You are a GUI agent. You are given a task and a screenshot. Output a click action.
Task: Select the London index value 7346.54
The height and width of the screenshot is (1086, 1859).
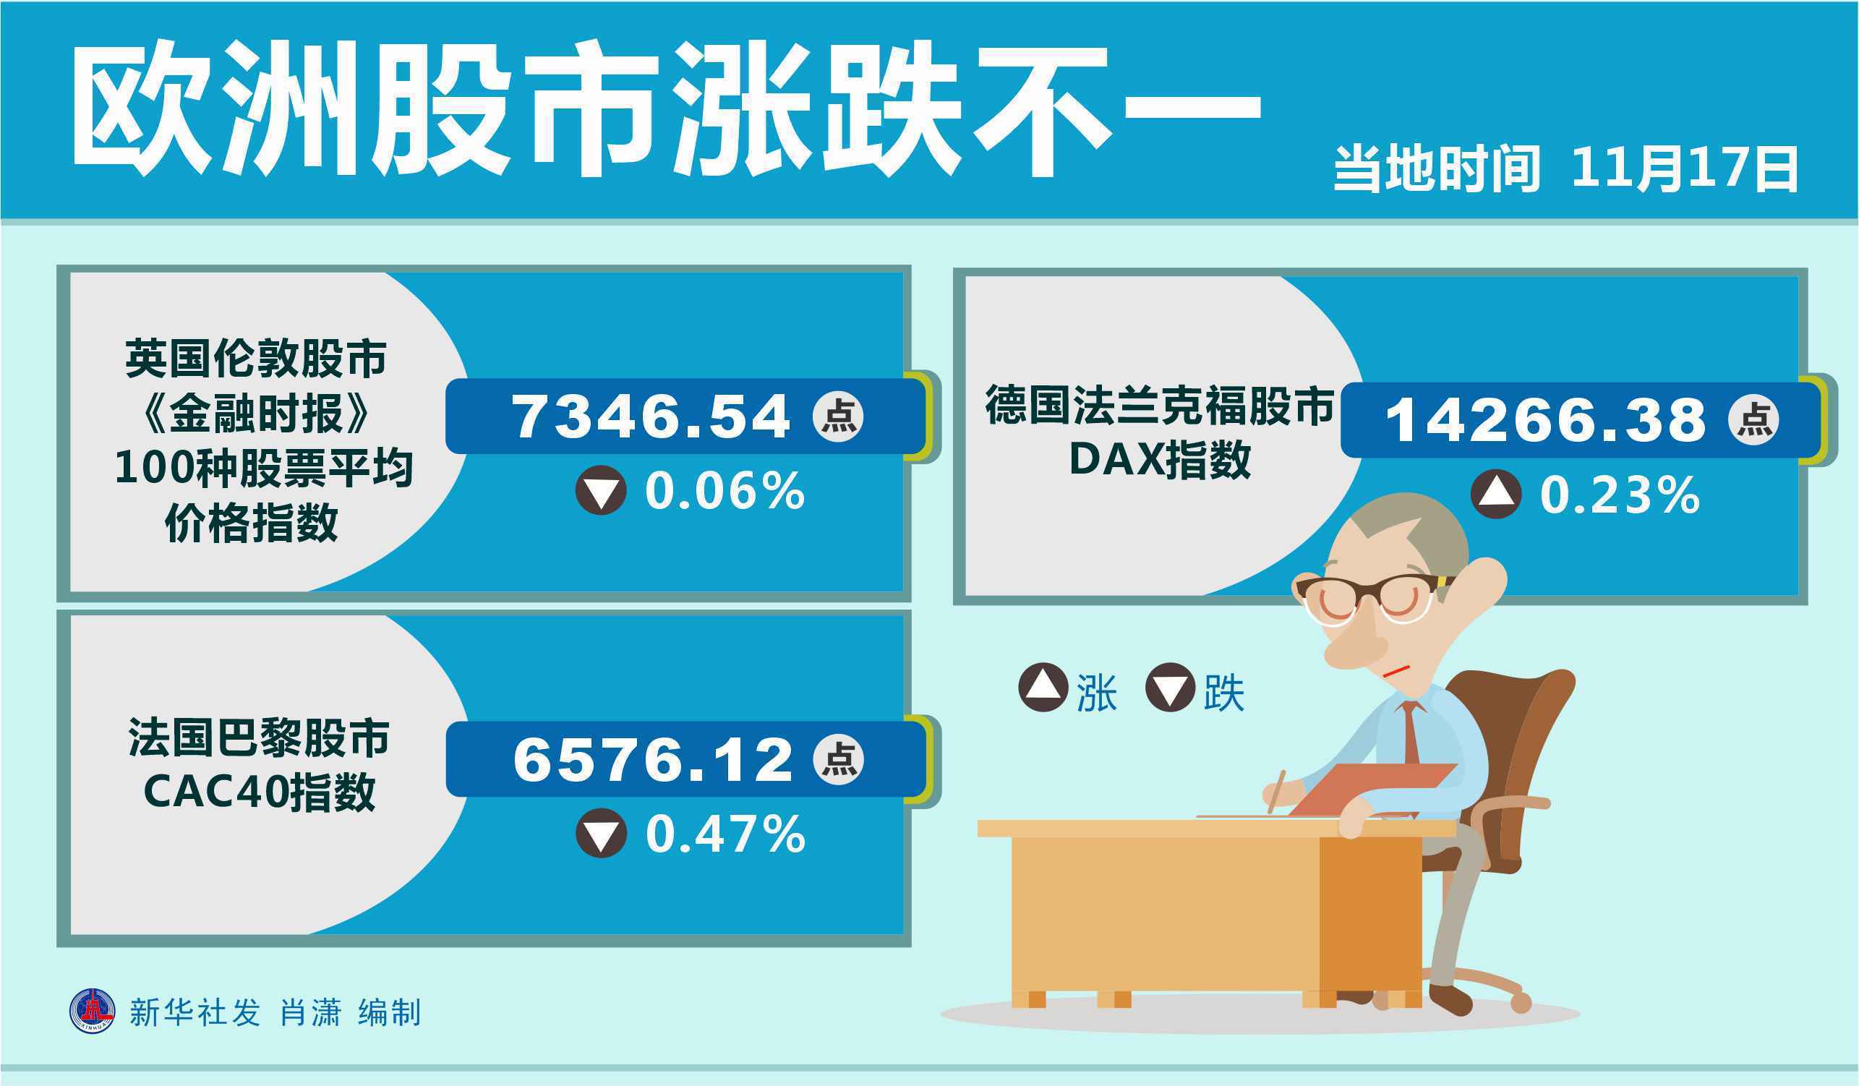pyautogui.click(x=651, y=417)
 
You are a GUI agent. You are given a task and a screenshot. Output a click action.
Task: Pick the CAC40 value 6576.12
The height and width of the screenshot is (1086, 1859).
pyautogui.click(x=653, y=760)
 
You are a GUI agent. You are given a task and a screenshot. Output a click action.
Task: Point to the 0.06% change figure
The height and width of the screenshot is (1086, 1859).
pyautogui.click(x=725, y=492)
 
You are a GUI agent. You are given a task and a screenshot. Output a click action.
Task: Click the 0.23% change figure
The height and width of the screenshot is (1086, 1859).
pyautogui.click(x=1619, y=495)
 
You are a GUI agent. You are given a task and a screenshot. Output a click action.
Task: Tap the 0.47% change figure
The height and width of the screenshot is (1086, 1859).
pyautogui.click(x=725, y=834)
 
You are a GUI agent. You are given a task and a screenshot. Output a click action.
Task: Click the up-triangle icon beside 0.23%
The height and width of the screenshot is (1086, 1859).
pyautogui.click(x=1496, y=494)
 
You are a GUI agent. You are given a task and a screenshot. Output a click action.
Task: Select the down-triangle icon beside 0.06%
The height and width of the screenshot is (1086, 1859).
pyautogui.click(x=601, y=490)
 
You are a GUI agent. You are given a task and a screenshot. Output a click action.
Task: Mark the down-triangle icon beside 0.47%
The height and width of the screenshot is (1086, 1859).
pyautogui.click(x=601, y=833)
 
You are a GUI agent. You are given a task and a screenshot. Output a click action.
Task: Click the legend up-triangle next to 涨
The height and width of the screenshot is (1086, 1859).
pyautogui.click(x=1043, y=687)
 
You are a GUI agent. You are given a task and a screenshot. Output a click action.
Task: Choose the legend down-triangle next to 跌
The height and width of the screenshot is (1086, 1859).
pyautogui.click(x=1170, y=687)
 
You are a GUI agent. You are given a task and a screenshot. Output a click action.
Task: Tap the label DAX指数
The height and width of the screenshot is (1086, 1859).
pyautogui.click(x=1161, y=460)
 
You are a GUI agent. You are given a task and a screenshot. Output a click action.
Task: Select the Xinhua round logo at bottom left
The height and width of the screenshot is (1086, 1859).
pyautogui.click(x=93, y=1012)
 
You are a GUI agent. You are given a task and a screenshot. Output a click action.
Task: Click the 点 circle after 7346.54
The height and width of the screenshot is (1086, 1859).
pyautogui.click(x=838, y=417)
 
